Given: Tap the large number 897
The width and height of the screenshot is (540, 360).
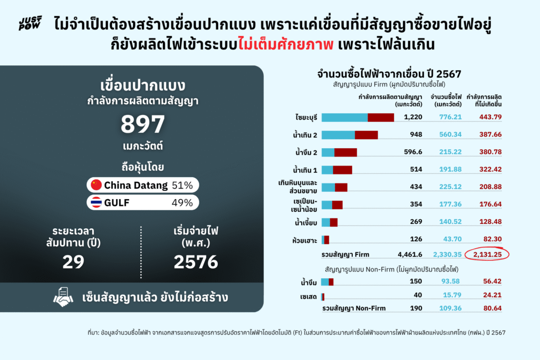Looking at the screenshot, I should (x=143, y=125).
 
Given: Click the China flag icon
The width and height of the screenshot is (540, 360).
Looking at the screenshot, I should (x=96, y=184).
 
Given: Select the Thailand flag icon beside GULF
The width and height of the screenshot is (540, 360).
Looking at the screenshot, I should (x=96, y=202).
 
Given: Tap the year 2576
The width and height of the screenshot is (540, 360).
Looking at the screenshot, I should (x=196, y=261).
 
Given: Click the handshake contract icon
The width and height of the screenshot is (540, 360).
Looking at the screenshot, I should (x=64, y=297).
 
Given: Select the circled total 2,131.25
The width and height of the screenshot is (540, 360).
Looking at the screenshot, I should (x=488, y=255).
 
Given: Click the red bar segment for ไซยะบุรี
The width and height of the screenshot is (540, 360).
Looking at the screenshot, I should (x=381, y=117).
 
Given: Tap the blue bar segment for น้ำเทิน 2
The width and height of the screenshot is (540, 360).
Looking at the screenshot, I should (x=338, y=134).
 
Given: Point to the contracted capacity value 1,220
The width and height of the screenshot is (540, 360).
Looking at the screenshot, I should (x=412, y=117).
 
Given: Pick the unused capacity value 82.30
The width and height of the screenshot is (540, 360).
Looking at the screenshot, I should (x=490, y=239).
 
